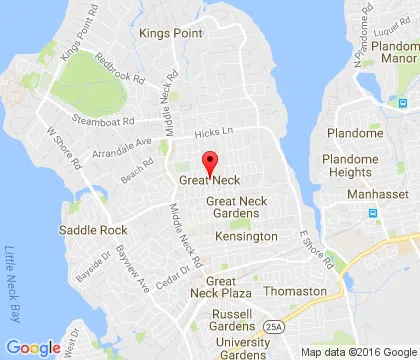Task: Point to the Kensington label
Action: click(x=246, y=236)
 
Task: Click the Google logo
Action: click(x=34, y=347)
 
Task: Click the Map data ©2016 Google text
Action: click(x=360, y=352)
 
